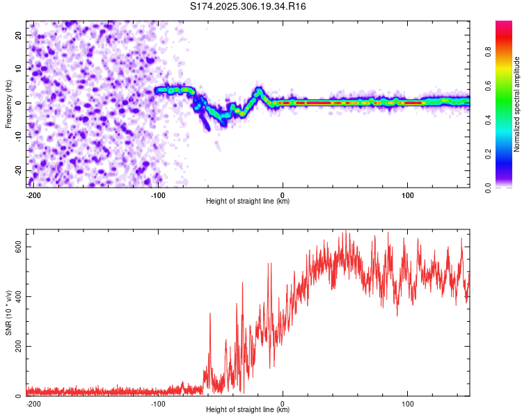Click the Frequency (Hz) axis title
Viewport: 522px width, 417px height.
(8, 104)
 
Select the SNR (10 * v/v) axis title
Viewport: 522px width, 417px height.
(8, 313)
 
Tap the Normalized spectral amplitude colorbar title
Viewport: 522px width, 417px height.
(517, 104)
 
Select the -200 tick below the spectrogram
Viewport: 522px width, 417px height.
(33, 194)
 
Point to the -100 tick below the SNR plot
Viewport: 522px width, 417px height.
(158, 402)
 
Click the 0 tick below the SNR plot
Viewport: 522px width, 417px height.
(283, 402)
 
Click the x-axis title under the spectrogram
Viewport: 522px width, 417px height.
(248, 202)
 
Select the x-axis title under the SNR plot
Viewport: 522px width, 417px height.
(248, 410)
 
